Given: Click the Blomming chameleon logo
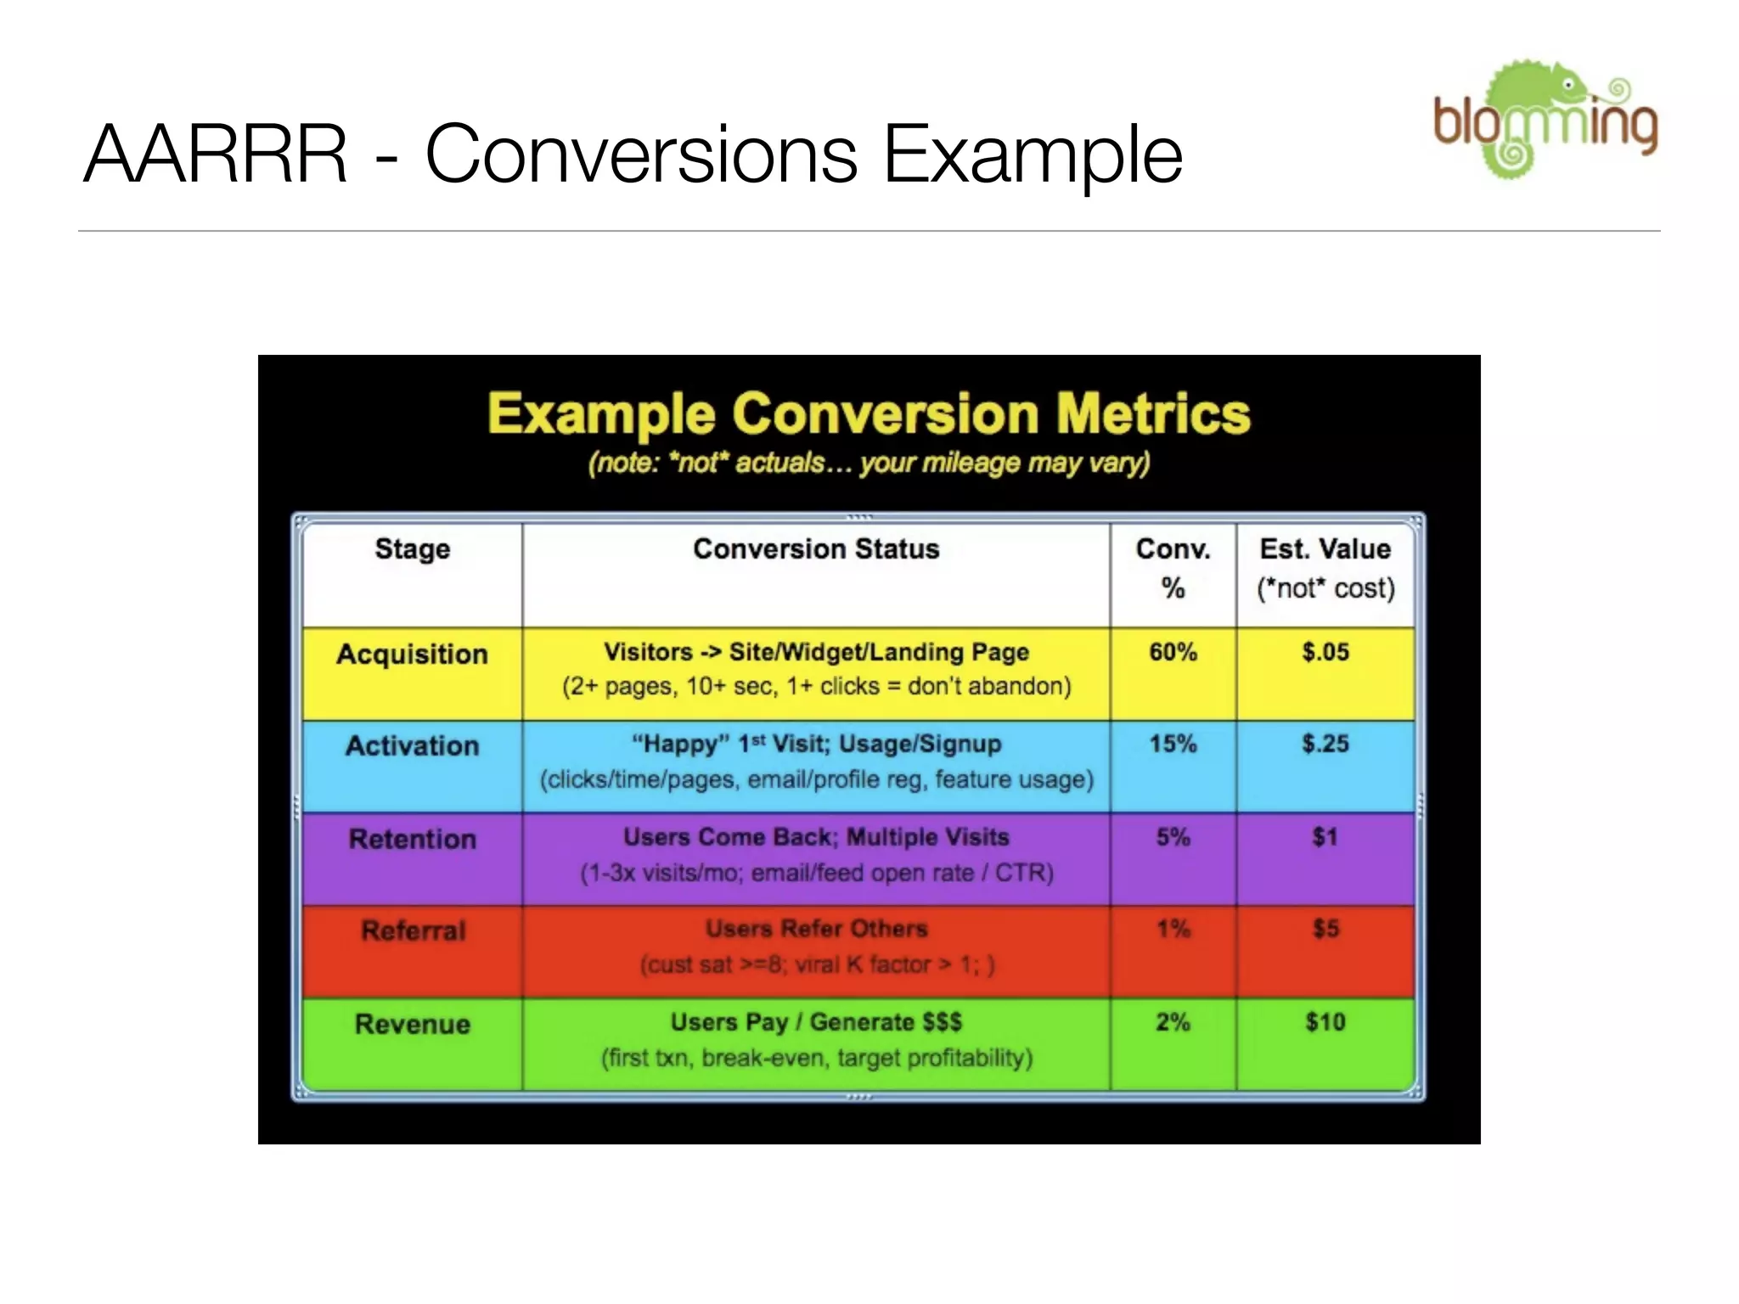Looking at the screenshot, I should pyautogui.click(x=1545, y=119).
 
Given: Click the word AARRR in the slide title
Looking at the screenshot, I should pyautogui.click(x=216, y=155).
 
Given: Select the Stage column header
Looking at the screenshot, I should pyautogui.click(x=413, y=549).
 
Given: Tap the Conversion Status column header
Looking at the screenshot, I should pyautogui.click(x=816, y=549).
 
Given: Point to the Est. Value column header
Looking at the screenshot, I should pyautogui.click(x=1325, y=549).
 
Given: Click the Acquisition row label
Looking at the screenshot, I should pyautogui.click(x=413, y=655).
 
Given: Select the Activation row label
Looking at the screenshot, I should pyautogui.click(x=413, y=746).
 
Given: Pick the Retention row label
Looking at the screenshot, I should pyautogui.click(x=413, y=840).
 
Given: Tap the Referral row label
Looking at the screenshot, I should pyautogui.click(x=414, y=931).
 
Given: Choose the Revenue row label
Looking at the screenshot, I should pyautogui.click(x=413, y=1025).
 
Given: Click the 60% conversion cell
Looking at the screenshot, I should pyautogui.click(x=1173, y=653).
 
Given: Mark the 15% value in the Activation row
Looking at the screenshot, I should pyautogui.click(x=1173, y=745).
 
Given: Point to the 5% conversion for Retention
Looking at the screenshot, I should pyautogui.click(x=1173, y=838).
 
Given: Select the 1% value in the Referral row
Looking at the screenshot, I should pyautogui.click(x=1173, y=930).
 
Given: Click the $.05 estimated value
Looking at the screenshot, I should pyautogui.click(x=1325, y=653).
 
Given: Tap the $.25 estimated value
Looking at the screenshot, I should pyautogui.click(x=1325, y=745).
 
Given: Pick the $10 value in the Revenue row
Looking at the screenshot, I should pyautogui.click(x=1325, y=1022).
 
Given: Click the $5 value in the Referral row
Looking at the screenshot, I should pyautogui.click(x=1325, y=930).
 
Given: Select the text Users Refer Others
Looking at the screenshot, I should pyautogui.click(x=816, y=930).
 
